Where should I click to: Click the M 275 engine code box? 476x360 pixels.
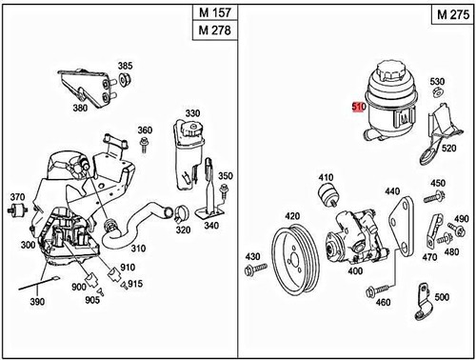click(451, 16)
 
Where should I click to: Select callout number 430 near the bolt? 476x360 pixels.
click(252, 258)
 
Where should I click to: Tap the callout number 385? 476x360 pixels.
click(125, 66)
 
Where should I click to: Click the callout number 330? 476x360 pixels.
click(192, 113)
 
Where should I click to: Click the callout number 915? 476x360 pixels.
click(136, 284)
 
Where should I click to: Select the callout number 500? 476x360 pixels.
click(440, 298)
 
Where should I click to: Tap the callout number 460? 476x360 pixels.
click(384, 303)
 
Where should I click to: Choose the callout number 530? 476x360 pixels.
click(436, 82)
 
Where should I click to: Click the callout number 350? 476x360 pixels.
click(226, 176)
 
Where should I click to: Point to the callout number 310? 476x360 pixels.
click(139, 249)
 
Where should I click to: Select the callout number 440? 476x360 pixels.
click(392, 190)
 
